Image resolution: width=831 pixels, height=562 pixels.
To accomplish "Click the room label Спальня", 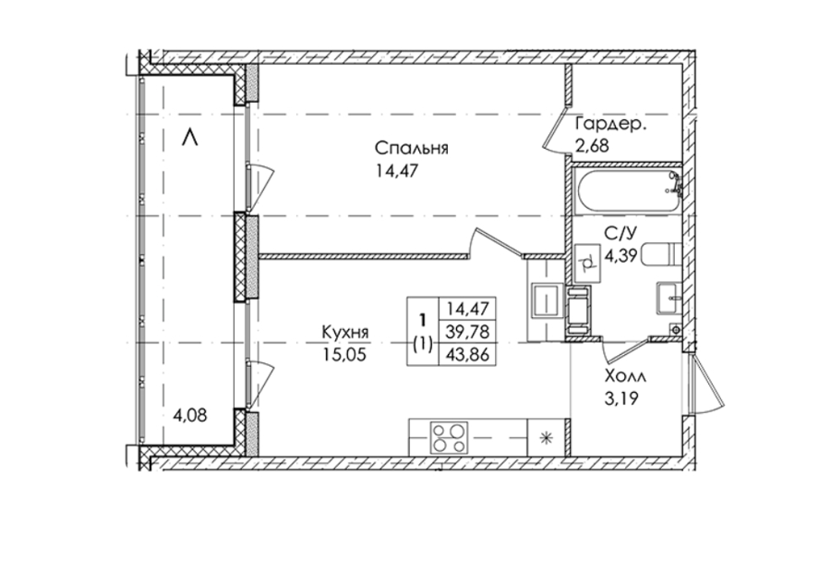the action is [x=411, y=148].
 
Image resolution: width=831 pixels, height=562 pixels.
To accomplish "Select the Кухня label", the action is [x=345, y=332].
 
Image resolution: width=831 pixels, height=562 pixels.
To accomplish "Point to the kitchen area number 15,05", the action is [x=344, y=354].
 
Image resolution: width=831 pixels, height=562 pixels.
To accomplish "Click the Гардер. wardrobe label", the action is [x=611, y=126].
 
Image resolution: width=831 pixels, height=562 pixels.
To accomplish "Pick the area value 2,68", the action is [x=592, y=145].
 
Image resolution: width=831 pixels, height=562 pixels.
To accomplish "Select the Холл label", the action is [x=625, y=377].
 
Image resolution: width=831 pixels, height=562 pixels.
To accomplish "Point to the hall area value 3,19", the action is [x=621, y=398].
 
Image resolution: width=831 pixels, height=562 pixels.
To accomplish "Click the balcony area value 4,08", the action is [x=189, y=415].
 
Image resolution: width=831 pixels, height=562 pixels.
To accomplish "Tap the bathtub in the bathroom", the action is [x=628, y=193].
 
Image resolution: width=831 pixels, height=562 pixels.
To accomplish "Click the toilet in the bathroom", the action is [x=661, y=255].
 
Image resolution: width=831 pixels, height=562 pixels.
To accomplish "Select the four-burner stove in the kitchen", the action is [x=450, y=437].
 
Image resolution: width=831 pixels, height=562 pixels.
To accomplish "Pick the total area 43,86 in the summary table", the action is [x=468, y=354].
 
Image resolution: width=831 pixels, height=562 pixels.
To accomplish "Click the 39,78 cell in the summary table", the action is [x=468, y=332].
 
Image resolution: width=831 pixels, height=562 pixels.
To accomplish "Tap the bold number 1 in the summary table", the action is [x=422, y=321].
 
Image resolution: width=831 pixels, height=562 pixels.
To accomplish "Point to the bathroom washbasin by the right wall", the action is [x=668, y=299].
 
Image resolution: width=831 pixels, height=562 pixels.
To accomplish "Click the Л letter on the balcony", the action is [x=189, y=138].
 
